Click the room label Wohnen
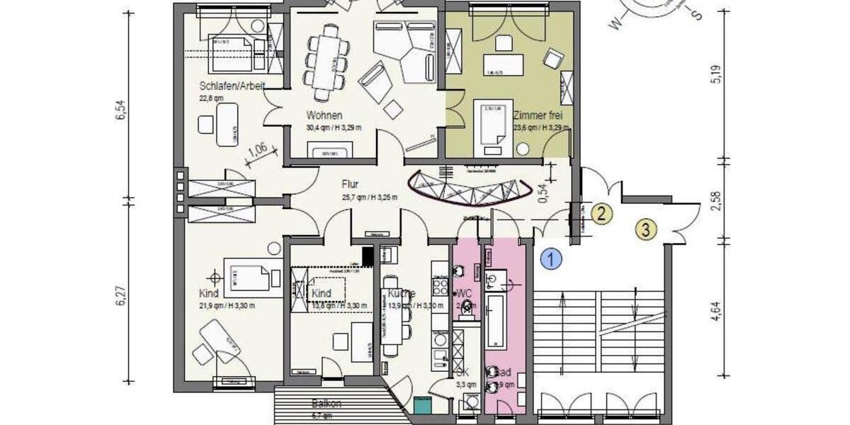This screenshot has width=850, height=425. [x=324, y=115]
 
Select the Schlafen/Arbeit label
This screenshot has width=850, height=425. [x=232, y=86]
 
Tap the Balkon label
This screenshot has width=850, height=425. [x=327, y=404]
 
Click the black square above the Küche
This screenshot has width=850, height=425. [x=367, y=255]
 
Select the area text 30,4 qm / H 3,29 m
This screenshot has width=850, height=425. [x=334, y=127]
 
